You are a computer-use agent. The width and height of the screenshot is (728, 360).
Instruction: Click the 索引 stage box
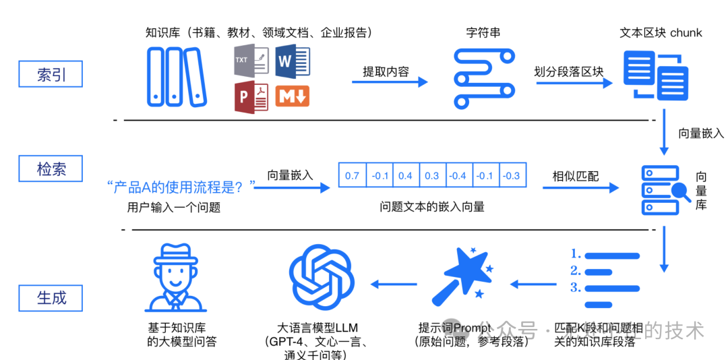tap(51, 73)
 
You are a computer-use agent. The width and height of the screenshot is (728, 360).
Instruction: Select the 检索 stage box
tap(51, 168)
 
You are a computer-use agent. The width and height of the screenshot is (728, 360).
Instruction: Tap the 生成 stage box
tap(51, 297)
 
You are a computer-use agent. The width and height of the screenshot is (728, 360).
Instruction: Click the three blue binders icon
tap(175, 76)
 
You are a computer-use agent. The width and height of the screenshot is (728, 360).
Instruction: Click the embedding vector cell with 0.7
tap(352, 176)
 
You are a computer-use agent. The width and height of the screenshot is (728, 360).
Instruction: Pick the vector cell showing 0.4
tap(405, 176)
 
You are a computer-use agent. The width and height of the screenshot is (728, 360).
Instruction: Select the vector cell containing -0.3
tap(512, 176)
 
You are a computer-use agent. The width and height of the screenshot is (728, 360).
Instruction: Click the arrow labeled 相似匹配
tap(580, 188)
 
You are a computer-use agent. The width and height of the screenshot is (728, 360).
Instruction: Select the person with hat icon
tap(175, 276)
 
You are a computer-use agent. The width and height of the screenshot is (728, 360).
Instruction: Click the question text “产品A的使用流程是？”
tap(181, 185)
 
